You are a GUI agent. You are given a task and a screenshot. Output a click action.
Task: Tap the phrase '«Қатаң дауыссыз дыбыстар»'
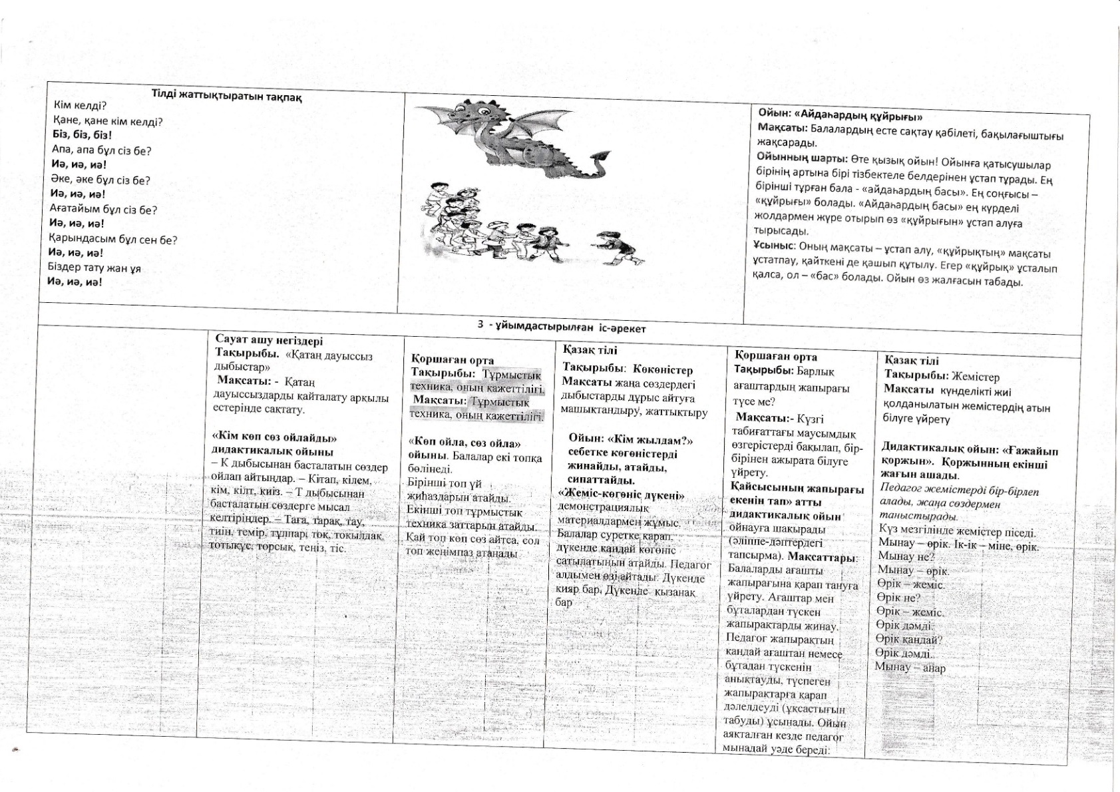pos(293,361)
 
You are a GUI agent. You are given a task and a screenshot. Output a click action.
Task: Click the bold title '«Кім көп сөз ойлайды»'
pos(274,438)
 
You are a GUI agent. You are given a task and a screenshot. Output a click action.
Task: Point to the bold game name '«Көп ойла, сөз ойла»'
pos(464,443)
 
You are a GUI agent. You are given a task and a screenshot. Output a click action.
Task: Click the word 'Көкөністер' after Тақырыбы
pos(663,369)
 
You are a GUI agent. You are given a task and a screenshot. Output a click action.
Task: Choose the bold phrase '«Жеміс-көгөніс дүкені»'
pos(621,495)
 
